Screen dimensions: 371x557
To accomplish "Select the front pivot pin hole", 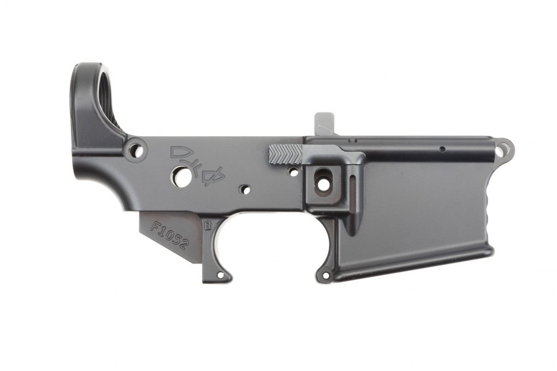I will point(503,146).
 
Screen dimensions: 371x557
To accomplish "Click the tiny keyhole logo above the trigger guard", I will point(208,224).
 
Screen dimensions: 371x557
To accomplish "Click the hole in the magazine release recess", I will point(323,183).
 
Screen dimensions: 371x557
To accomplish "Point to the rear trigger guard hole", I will point(221,275).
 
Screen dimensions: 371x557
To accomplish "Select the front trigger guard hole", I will point(326,276).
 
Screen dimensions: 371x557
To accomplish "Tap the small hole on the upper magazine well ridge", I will point(442,148).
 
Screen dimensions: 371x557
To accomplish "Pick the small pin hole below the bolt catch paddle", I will point(293,172).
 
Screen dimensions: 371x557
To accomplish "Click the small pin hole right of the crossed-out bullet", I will point(245,189).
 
